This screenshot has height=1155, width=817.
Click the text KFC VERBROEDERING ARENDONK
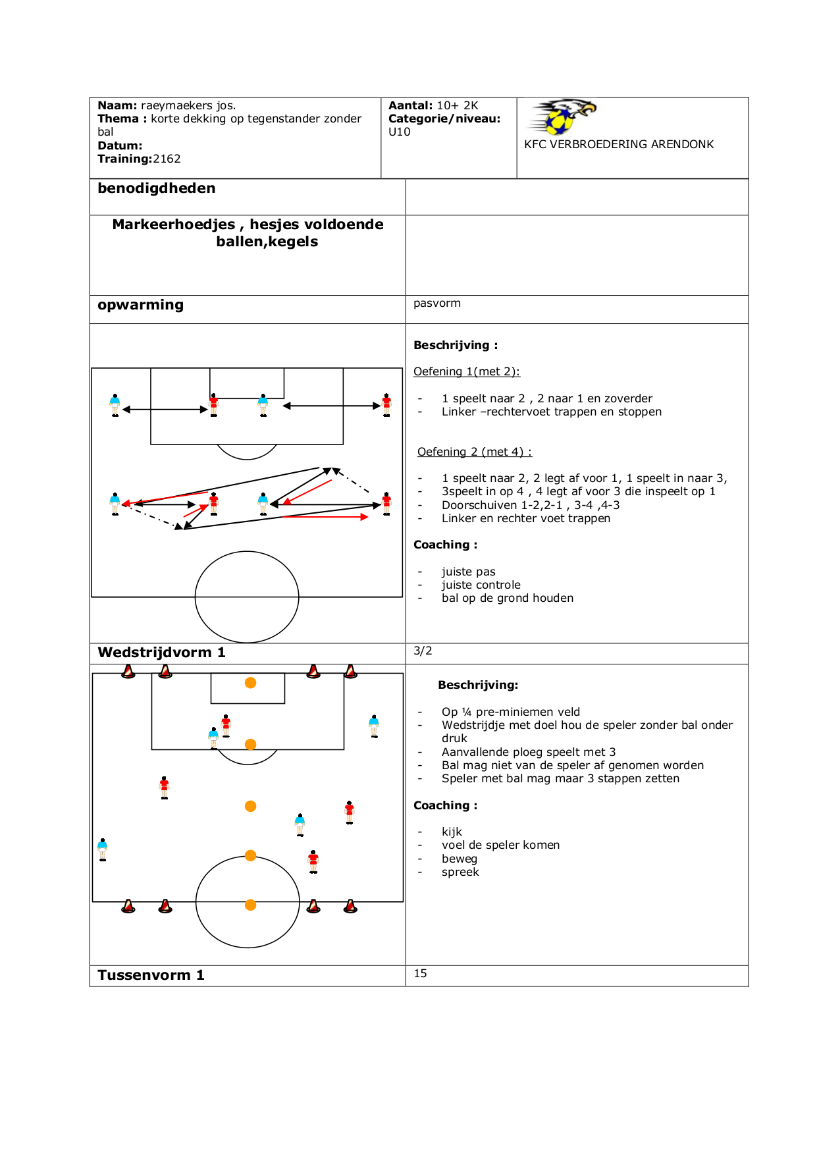point(618,144)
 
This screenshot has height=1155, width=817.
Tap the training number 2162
point(167,159)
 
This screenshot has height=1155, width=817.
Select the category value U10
point(399,132)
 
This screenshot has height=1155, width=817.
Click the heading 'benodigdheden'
point(156,188)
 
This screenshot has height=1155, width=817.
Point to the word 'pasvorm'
point(436,303)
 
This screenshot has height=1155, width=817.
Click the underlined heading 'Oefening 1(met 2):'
point(466,371)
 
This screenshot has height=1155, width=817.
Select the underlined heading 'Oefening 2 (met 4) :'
point(474,452)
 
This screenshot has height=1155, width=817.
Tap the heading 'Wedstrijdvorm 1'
point(161,653)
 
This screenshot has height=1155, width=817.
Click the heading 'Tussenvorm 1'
point(151,975)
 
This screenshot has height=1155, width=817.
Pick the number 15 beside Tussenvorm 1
point(420,973)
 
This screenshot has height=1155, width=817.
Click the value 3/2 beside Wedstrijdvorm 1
point(423,651)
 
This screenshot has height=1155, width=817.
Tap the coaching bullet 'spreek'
point(460,872)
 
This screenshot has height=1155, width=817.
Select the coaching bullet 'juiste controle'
point(481,585)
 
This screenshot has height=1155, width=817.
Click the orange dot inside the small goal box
point(250,683)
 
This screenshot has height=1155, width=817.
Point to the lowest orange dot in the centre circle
point(250,905)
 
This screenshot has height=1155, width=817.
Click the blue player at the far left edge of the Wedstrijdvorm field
point(102,849)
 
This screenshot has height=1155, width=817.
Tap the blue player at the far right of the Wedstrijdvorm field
point(374,726)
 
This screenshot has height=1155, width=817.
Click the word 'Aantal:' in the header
point(410,105)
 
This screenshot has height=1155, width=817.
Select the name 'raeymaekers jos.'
point(188,105)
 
